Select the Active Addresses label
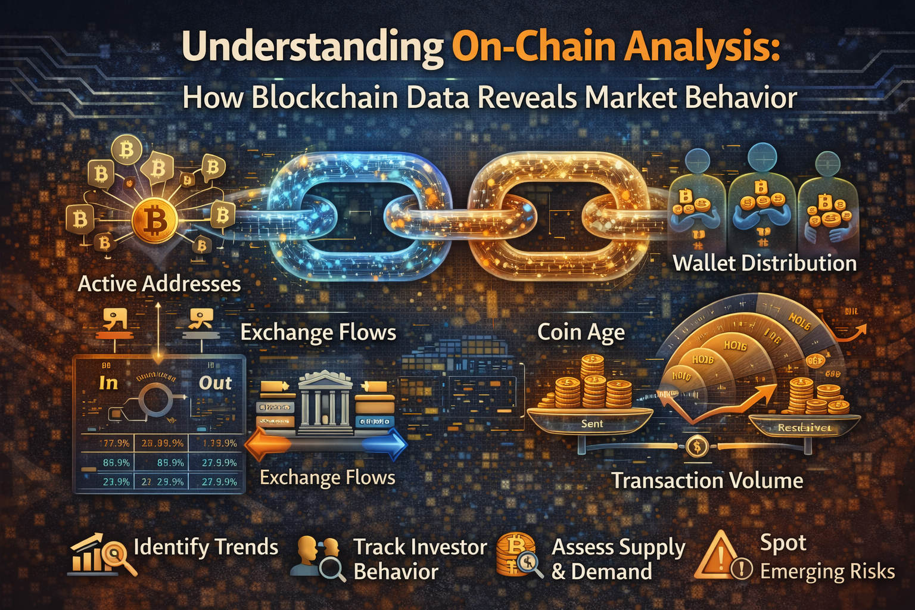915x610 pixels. (x=159, y=284)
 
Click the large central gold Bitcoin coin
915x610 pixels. (x=155, y=222)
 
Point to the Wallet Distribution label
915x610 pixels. (x=764, y=263)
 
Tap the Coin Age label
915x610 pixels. (x=581, y=332)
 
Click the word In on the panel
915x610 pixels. (x=108, y=383)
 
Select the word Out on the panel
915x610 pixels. (x=215, y=383)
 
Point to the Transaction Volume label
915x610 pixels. (x=707, y=480)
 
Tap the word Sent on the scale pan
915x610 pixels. (x=592, y=424)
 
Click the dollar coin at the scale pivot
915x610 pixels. (x=696, y=446)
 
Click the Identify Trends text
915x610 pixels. (x=206, y=547)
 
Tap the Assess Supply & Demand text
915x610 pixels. (x=618, y=559)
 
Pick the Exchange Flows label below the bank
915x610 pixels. (x=328, y=478)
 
